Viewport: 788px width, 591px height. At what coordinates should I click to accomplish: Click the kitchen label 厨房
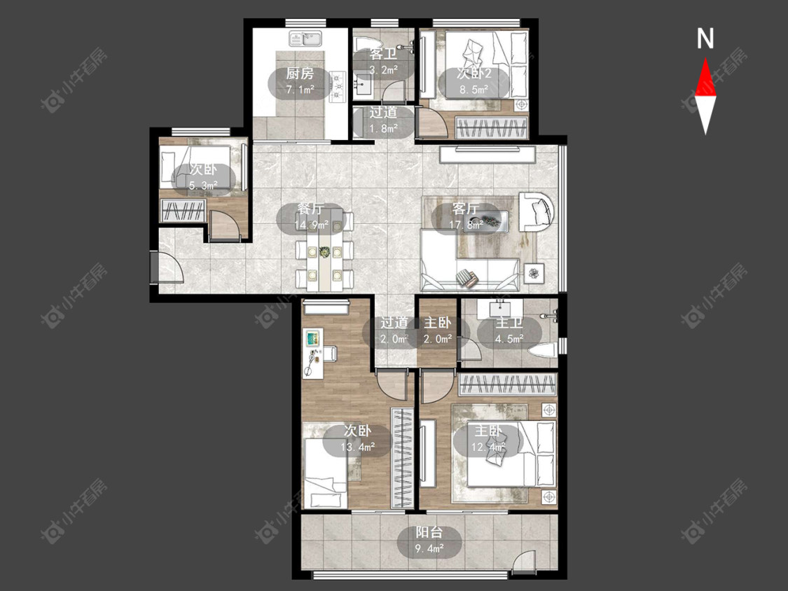click(300, 74)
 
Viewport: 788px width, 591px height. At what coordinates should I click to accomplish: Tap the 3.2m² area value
click(383, 70)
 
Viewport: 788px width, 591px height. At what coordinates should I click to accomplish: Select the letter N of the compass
click(705, 39)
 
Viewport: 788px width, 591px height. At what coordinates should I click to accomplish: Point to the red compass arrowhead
click(705, 77)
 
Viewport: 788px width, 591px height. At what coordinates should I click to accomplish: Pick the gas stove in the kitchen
click(338, 85)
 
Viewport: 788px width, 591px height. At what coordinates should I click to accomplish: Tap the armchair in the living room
click(537, 211)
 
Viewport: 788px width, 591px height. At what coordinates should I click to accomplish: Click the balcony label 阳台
click(429, 532)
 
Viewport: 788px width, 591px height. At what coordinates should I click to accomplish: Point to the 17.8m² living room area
click(466, 225)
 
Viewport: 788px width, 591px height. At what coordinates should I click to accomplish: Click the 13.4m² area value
click(358, 447)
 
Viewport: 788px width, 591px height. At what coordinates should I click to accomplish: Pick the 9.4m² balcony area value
click(429, 548)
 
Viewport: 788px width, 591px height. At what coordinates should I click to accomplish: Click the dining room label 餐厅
click(310, 209)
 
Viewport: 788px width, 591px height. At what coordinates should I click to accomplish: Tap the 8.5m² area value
click(474, 90)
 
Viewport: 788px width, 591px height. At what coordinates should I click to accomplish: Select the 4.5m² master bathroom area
click(510, 339)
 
